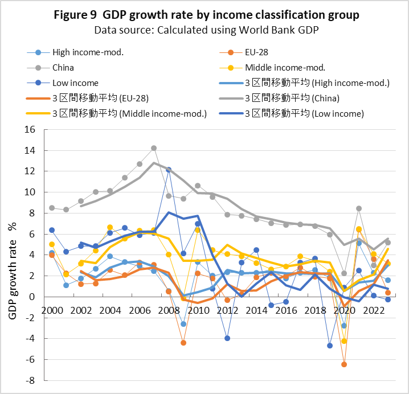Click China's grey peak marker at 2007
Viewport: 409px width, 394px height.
pyautogui.click(x=154, y=148)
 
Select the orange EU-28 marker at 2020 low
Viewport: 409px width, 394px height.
pyautogui.click(x=344, y=364)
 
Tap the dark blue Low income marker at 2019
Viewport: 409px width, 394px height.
pyautogui.click(x=329, y=346)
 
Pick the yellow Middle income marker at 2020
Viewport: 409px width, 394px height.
pyautogui.click(x=344, y=341)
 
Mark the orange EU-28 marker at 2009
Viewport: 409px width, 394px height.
pyautogui.click(x=183, y=343)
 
